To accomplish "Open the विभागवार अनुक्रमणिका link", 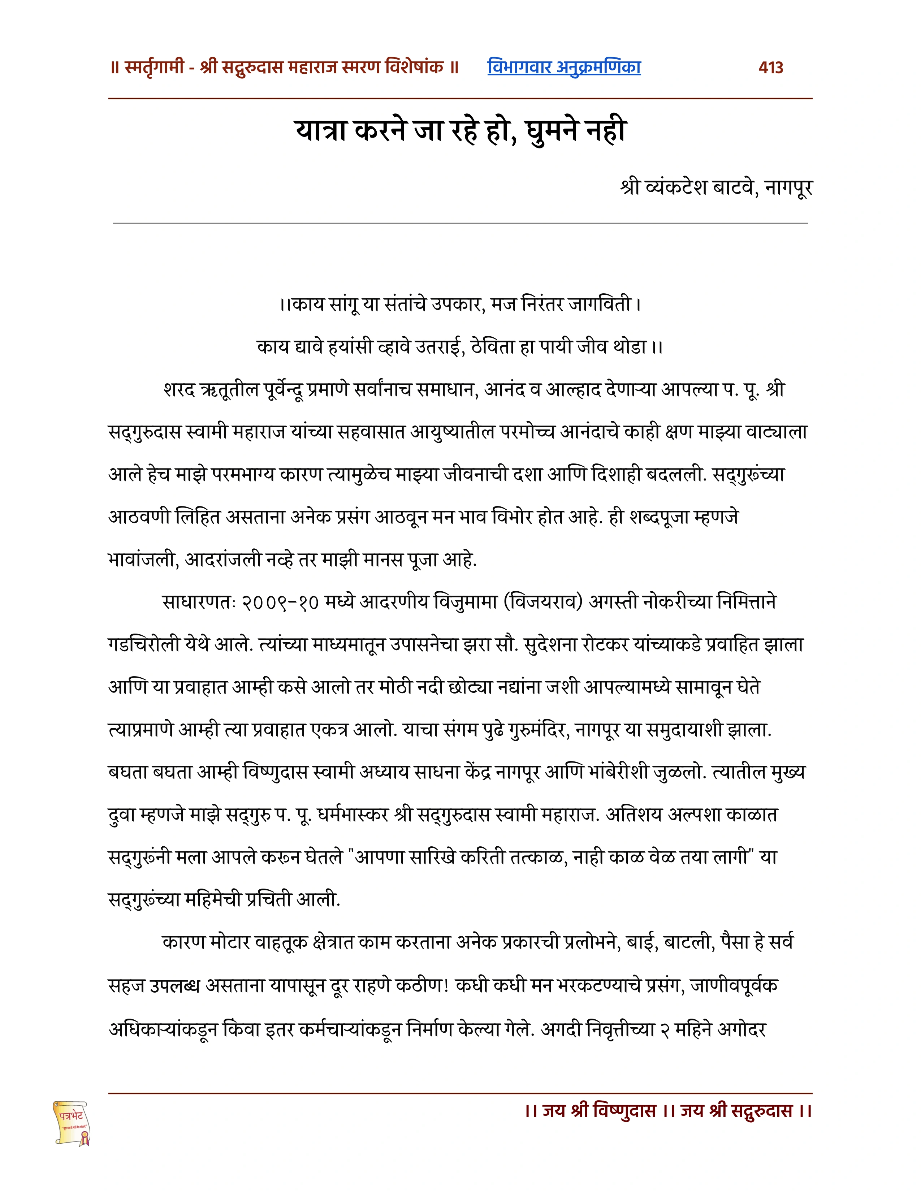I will pyautogui.click(x=564, y=67).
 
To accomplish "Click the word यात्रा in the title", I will pyautogui.click(x=322, y=131).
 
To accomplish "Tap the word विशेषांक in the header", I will pyautogui.click(x=414, y=68).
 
